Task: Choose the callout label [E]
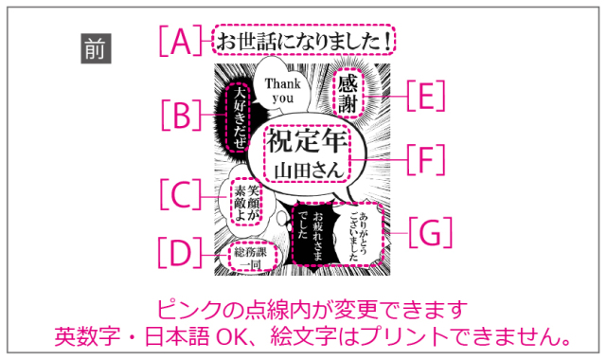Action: [425, 96]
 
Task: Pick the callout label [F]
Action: [425, 159]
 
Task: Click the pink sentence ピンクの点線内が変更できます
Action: [310, 310]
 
